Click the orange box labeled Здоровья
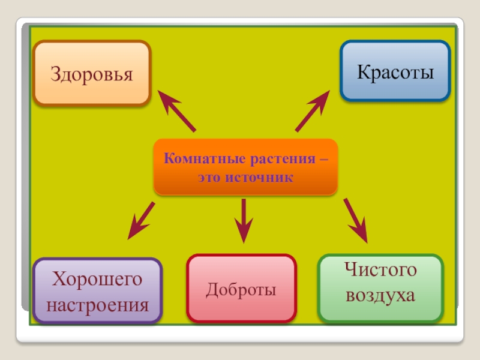[91, 73]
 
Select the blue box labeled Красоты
[395, 71]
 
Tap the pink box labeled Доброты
[241, 288]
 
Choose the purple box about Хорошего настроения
[97, 291]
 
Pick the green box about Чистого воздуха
[380, 287]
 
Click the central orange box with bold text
[245, 167]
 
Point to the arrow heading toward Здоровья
[176, 109]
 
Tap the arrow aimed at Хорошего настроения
[142, 220]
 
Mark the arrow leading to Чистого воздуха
[355, 220]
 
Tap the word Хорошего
[98, 279]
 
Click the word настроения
[98, 304]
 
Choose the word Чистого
[380, 270]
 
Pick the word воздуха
[380, 295]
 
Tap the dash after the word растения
[325, 160]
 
